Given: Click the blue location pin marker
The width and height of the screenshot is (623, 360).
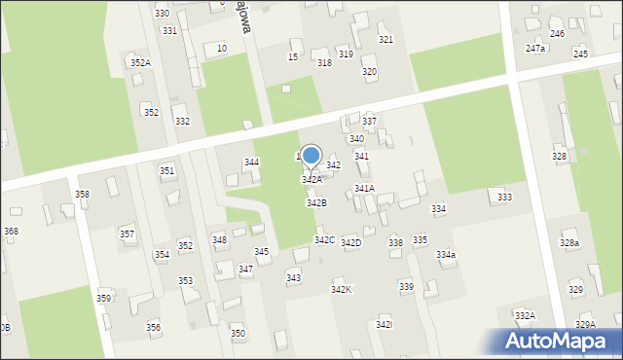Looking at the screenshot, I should [311, 157].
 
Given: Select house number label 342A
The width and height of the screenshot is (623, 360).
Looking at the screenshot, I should [311, 180].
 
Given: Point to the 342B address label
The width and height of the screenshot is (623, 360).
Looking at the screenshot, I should [316, 203].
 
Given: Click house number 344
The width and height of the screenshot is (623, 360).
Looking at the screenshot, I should [251, 162].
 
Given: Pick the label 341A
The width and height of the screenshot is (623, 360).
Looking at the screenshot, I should [364, 189].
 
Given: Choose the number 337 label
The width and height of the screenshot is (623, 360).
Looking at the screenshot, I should [369, 121].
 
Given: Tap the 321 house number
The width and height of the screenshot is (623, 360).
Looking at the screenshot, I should [385, 40].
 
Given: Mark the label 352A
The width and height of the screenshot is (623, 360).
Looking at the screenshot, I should [140, 63].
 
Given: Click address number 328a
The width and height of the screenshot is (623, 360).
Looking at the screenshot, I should [569, 243].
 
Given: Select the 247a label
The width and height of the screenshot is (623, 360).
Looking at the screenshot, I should [534, 48].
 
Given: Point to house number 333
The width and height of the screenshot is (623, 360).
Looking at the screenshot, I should [504, 198].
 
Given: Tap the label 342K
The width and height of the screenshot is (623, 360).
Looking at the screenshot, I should [341, 290].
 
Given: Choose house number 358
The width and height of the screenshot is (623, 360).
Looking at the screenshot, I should [82, 195].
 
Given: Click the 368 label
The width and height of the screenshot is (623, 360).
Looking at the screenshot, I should [11, 231].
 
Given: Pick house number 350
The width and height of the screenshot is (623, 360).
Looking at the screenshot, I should [238, 334].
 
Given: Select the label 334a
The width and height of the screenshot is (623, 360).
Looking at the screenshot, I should [446, 255].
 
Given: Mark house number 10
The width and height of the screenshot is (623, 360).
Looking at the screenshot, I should [222, 48].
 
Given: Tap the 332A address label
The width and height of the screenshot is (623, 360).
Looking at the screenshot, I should [525, 316].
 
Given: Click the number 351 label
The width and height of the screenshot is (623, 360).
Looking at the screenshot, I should [167, 171].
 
